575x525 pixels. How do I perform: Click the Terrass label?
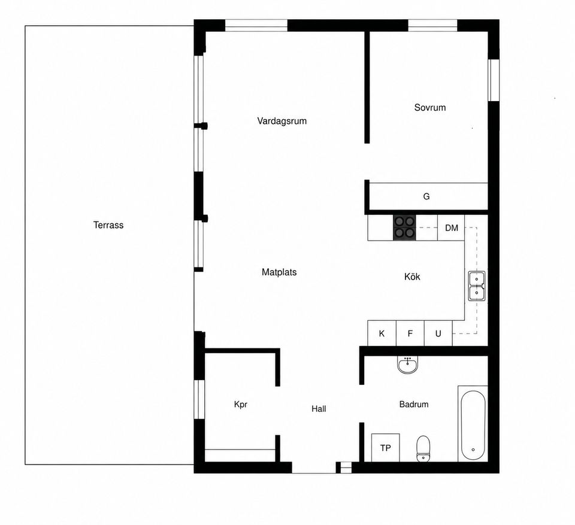(108, 224)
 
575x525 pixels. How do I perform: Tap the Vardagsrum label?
(282, 121)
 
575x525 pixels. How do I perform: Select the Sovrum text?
(430, 107)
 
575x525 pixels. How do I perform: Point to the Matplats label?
(279, 272)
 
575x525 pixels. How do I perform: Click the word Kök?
(412, 277)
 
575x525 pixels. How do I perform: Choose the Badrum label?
(414, 404)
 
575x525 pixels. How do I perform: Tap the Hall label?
(319, 409)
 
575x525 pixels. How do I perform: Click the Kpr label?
(241, 405)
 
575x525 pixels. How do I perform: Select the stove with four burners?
(404, 227)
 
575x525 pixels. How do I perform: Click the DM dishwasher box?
(451, 227)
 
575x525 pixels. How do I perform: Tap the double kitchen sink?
(477, 286)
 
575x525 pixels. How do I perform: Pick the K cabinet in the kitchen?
(382, 333)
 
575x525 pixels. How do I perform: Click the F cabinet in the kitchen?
(410, 333)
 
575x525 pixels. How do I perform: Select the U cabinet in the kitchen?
(438, 333)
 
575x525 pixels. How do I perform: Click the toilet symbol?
(423, 448)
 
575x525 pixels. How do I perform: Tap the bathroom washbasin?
(407, 365)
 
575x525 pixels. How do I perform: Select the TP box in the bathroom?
(385, 448)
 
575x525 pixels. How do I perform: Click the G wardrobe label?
(426, 196)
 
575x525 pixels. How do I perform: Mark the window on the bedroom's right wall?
(494, 80)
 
